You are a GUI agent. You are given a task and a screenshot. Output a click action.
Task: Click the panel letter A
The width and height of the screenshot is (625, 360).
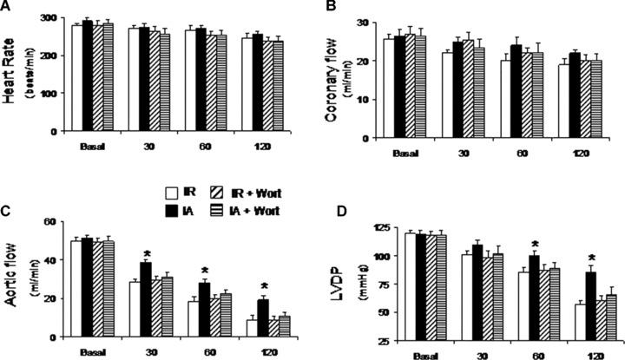pos(8,8)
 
